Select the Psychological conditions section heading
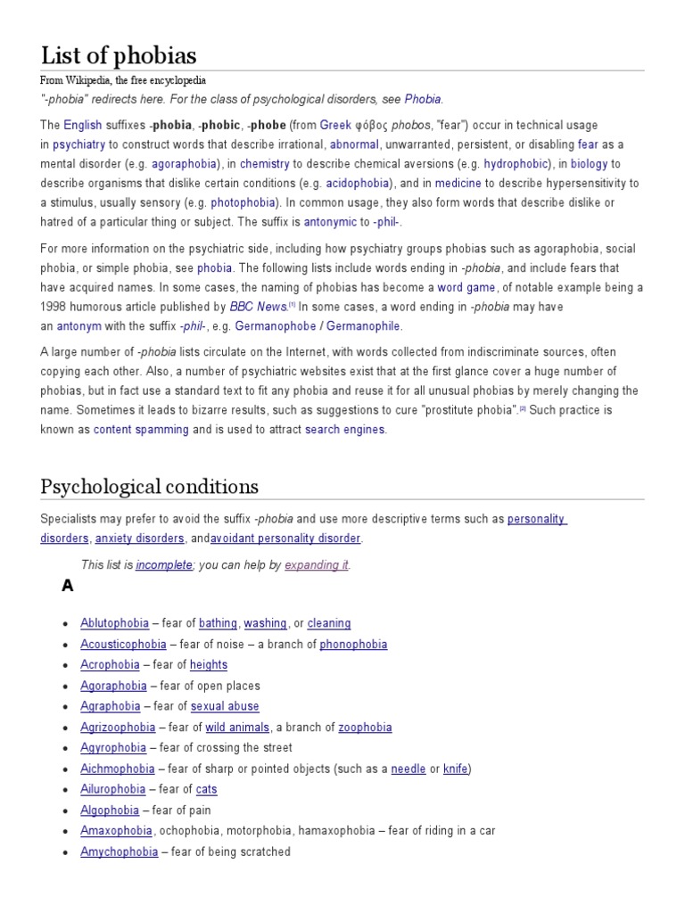(x=149, y=486)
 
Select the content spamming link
(x=141, y=430)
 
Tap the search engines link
(x=344, y=430)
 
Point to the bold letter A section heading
(x=67, y=586)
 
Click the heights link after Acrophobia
(x=209, y=665)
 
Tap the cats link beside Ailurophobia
(x=206, y=789)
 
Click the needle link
(x=409, y=769)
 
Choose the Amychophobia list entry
(x=119, y=851)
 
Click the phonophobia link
(x=353, y=645)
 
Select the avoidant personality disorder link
(x=285, y=539)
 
